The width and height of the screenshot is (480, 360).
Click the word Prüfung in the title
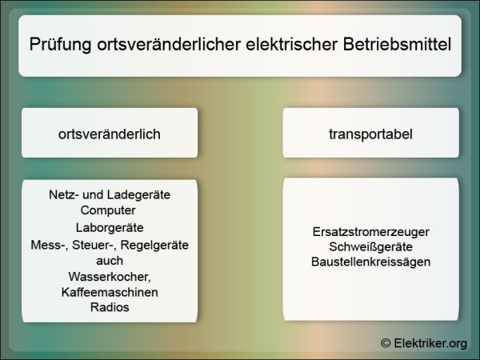coord(58,45)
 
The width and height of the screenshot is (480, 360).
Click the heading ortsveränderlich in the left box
coord(110,134)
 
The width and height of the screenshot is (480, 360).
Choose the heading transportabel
coord(370,134)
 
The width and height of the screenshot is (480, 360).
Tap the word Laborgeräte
coord(110,227)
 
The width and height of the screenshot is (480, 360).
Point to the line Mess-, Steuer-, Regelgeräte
coord(110,244)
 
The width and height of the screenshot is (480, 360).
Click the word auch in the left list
coord(110,260)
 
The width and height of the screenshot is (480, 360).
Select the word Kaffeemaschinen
coord(110,292)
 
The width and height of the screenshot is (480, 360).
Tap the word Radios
coord(110,308)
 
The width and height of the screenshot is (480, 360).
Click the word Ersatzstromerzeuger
coord(371,231)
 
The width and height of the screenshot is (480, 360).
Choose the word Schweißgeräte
coord(371,246)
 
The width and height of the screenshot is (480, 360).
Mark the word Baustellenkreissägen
coord(371,262)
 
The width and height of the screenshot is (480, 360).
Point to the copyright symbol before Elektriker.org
coord(386,342)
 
